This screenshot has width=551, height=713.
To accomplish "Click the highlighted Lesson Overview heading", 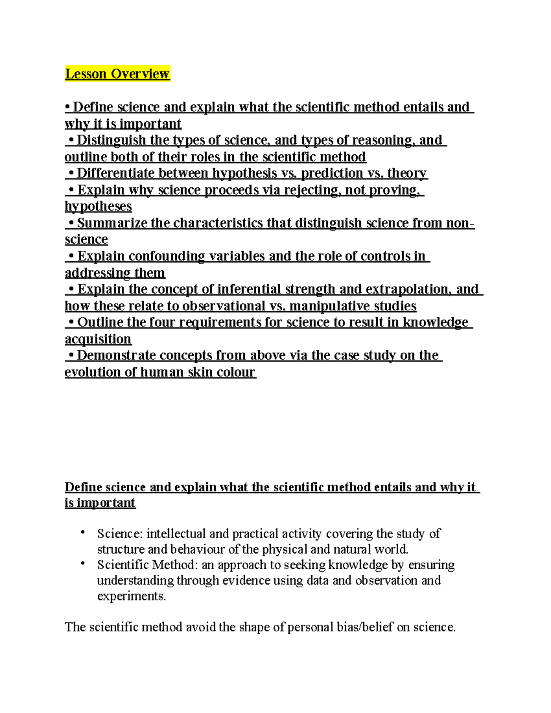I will point(117,73).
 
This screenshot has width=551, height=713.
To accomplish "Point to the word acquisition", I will point(98,339).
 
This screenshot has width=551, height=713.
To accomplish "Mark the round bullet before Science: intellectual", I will point(83,532).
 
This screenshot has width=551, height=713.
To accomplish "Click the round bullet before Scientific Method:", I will point(83,563).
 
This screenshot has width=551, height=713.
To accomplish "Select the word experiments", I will point(131,596).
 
